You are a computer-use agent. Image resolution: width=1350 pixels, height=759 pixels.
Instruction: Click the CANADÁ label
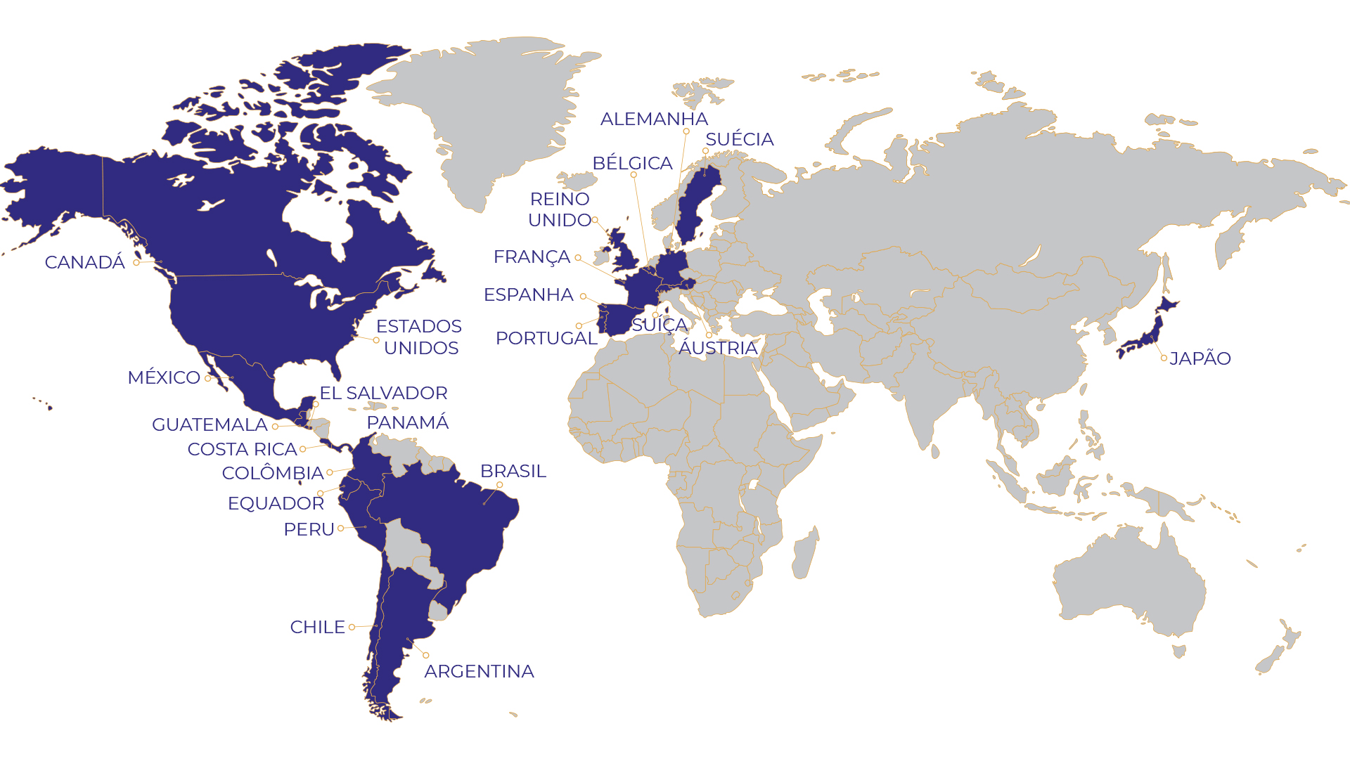click(x=84, y=262)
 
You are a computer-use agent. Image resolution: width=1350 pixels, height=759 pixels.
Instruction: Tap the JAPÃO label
click(x=1200, y=358)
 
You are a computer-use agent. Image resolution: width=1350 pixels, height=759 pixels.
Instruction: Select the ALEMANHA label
click(x=654, y=119)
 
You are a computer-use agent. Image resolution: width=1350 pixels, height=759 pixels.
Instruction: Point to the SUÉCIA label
click(x=740, y=139)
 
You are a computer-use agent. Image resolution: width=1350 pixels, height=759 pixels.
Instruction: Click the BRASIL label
click(x=513, y=471)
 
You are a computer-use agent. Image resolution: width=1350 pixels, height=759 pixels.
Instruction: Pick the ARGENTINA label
click(x=479, y=671)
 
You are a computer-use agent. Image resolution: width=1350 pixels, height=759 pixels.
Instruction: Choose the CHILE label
click(x=317, y=627)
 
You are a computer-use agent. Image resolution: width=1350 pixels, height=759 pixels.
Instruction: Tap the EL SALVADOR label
click(x=383, y=393)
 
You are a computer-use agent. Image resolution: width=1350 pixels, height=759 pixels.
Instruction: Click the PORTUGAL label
click(x=546, y=338)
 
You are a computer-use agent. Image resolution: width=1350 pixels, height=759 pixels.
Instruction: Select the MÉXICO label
click(x=164, y=377)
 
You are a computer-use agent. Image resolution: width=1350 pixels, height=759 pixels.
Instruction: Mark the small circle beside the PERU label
click(x=341, y=528)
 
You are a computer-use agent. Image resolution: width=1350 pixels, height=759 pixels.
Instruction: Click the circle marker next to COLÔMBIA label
click(x=330, y=472)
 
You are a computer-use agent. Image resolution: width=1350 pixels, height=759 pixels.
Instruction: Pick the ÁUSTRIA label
click(x=718, y=348)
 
